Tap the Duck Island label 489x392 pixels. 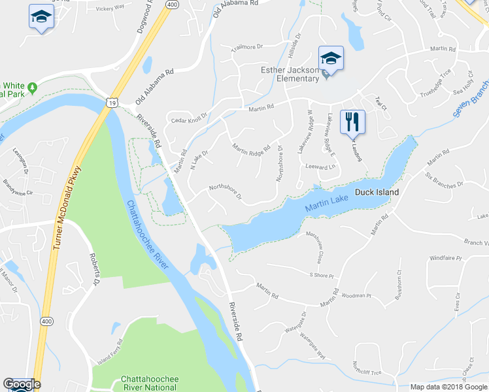[377, 193]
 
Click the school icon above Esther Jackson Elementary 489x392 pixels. [331, 58]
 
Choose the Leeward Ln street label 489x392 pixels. [320, 167]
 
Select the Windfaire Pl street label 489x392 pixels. [446, 259]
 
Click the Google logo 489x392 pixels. [22, 384]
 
